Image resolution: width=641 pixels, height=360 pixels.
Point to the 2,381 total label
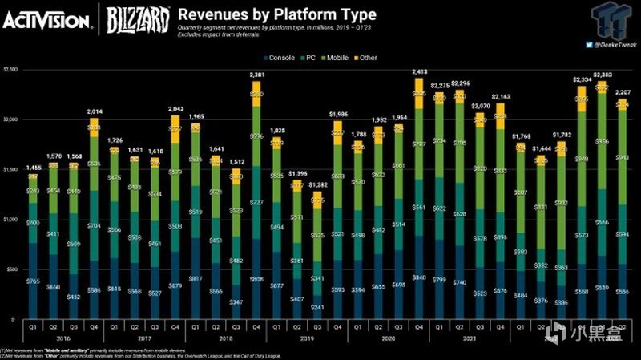coord(256,75)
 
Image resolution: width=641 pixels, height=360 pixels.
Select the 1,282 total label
coord(318,184)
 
